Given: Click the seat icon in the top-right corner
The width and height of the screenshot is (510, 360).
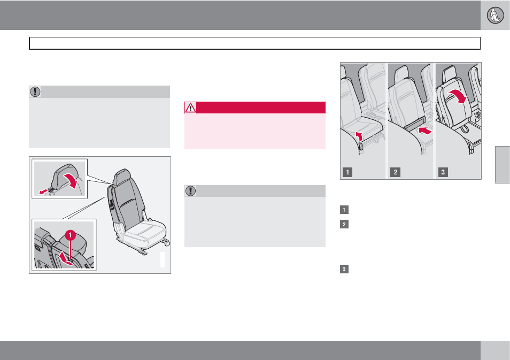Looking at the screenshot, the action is [x=495, y=15].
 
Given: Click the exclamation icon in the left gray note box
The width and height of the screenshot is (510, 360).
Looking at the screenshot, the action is [x=35, y=92].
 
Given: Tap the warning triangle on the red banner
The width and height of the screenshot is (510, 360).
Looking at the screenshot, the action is [x=190, y=108].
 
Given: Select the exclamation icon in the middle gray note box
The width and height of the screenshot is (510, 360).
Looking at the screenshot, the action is [x=190, y=191].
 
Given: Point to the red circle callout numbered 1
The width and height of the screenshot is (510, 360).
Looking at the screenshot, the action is [x=70, y=235].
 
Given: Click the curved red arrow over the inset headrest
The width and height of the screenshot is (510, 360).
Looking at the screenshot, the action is [x=71, y=180].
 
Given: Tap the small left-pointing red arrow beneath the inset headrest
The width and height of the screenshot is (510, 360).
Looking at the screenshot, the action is [x=43, y=192].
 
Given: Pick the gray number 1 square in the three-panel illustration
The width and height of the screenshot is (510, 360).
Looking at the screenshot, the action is [x=347, y=172].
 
